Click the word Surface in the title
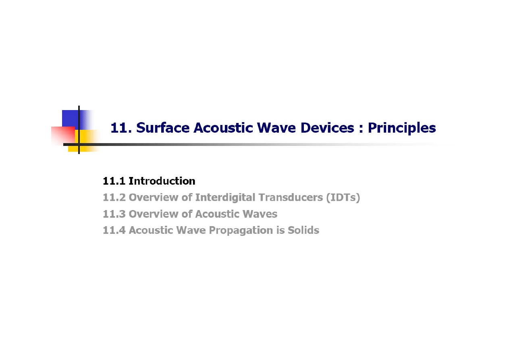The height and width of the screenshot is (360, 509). pos(163,128)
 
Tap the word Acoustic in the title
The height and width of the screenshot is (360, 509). pos(223,128)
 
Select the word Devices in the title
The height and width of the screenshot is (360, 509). pos(327,128)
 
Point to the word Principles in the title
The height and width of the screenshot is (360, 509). pos(402,128)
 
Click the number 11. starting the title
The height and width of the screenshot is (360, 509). pos(121,128)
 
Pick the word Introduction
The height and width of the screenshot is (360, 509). pos(162,181)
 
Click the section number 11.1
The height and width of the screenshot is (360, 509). pos(114,181)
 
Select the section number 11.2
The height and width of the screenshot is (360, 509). pos(114,198)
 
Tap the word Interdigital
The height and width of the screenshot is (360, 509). pos(225,198)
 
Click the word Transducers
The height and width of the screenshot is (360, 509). pos(291,198)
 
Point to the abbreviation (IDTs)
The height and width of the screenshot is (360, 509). pos(343,198)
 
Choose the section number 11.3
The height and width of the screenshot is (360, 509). pos(114,214)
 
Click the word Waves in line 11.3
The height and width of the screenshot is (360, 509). pos(260,214)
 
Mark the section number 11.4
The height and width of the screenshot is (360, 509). pos(114,230)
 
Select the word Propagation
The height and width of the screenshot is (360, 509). pos(241,231)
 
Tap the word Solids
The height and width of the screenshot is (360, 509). pos(303,230)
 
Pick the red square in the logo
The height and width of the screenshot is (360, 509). pos(63,135)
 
